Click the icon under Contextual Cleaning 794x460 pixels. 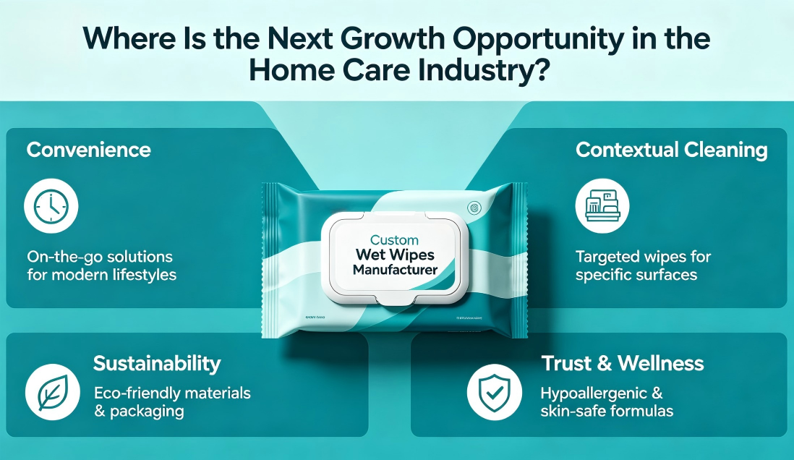tap(602, 206)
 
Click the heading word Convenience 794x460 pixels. tap(88, 150)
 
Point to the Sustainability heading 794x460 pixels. tap(157, 363)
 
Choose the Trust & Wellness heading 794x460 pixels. tap(622, 363)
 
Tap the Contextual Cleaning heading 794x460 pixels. tap(671, 150)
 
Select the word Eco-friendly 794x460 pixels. tap(136, 394)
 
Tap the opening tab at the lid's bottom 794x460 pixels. tap(394, 299)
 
